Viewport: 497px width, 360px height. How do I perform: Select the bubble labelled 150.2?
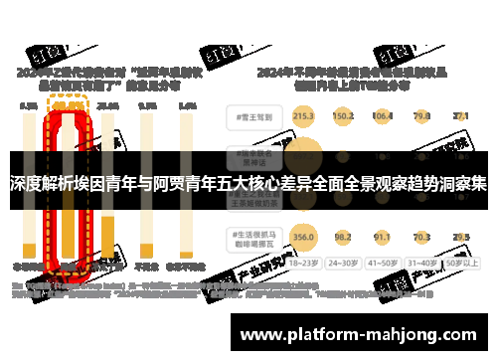point(343,116)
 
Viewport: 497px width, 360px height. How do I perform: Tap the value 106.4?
point(383,116)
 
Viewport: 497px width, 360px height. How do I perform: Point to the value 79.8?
point(421,116)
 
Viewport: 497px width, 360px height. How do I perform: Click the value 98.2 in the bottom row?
point(343,237)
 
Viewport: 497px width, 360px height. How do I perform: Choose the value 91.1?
point(383,237)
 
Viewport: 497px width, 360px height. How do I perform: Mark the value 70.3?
point(421,237)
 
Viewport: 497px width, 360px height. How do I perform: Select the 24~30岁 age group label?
point(344,265)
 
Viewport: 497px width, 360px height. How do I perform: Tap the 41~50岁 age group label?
point(383,265)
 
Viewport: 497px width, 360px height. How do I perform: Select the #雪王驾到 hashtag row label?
point(251,116)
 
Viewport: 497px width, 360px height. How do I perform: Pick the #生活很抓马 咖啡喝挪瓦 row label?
point(251,237)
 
